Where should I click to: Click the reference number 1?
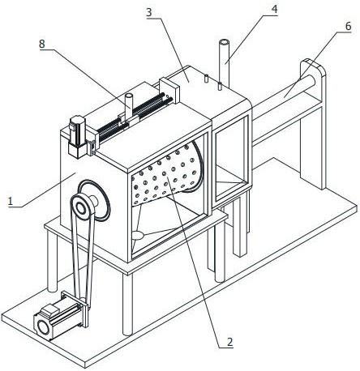pyautogui.click(x=11, y=202)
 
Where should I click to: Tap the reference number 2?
pyautogui.click(x=229, y=343)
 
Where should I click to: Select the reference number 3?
pyautogui.click(x=149, y=13)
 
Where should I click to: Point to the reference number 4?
pyautogui.click(x=274, y=10)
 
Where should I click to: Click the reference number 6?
pyautogui.click(x=348, y=27)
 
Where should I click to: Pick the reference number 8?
pyautogui.click(x=42, y=44)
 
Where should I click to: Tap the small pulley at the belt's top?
pyautogui.click(x=81, y=207)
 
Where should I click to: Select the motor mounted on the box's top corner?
pyautogui.click(x=77, y=136)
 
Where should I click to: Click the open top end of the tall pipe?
pyautogui.click(x=224, y=43)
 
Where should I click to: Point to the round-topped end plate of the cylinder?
pyautogui.click(x=314, y=124)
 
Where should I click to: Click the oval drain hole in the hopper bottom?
pyautogui.click(x=138, y=235)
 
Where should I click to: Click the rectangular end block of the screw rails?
pyautogui.click(x=169, y=91)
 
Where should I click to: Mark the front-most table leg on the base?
pyautogui.click(x=127, y=304)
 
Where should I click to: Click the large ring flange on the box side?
pyautogui.click(x=95, y=200)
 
